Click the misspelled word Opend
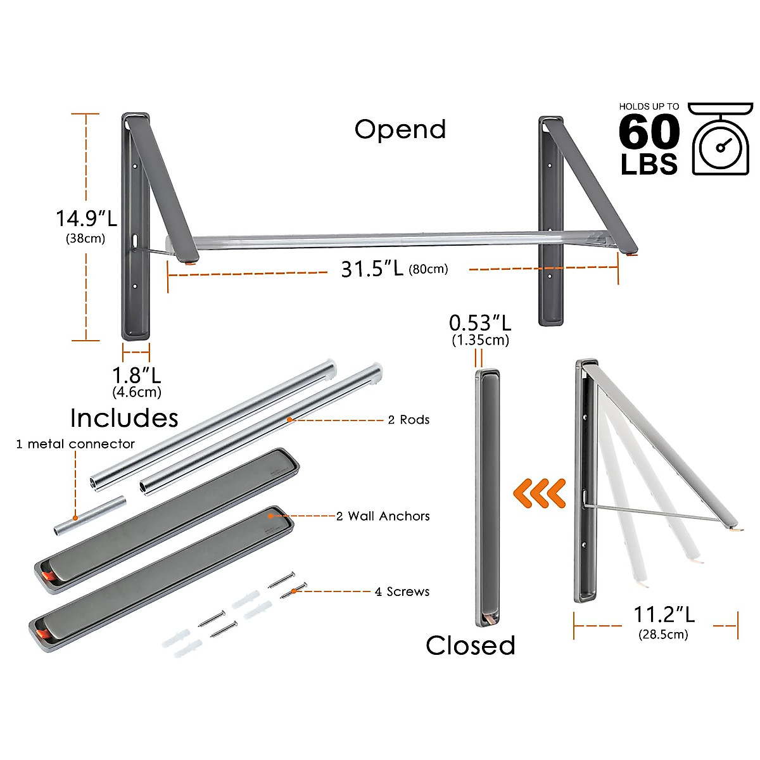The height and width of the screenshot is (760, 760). tap(400, 129)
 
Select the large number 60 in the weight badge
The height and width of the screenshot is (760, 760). tap(649, 132)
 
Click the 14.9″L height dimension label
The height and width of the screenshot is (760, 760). tap(86, 218)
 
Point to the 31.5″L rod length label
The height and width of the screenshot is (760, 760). tap(372, 269)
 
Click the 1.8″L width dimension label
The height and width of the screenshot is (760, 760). tap(137, 374)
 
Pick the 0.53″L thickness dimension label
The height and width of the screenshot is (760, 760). tap(480, 323)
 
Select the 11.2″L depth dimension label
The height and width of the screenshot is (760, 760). tap(664, 614)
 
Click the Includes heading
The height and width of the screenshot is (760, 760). tap(124, 418)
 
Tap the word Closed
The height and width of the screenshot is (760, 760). tap(471, 645)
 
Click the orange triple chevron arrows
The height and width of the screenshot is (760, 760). tap(539, 493)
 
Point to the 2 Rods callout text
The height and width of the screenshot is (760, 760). tap(408, 420)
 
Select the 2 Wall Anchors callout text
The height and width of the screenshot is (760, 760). tap(383, 516)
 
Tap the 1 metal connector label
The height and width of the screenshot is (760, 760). tap(75, 444)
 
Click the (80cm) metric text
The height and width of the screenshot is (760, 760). tap(428, 269)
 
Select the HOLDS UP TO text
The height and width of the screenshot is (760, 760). tap(649, 106)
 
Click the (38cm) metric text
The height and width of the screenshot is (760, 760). tap(85, 239)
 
